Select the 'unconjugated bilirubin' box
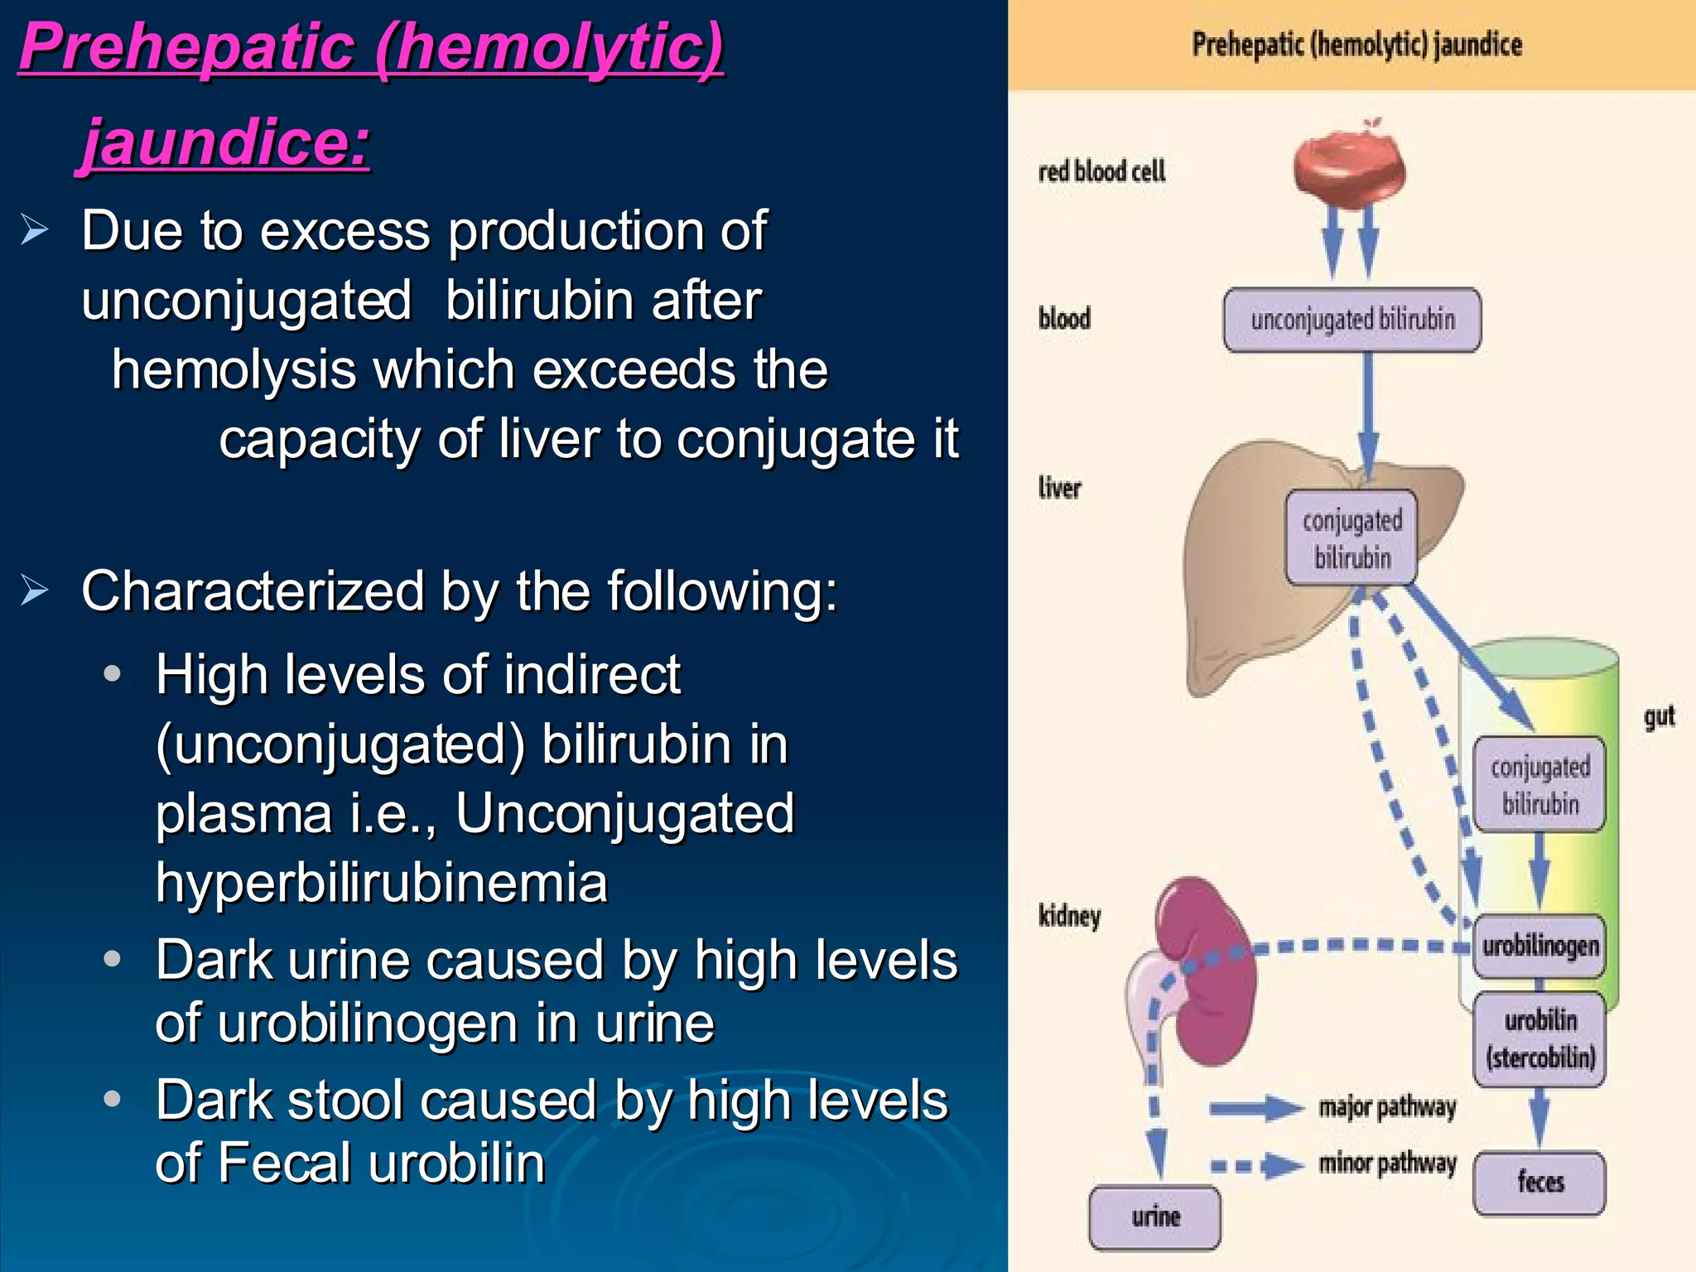[x=1351, y=320]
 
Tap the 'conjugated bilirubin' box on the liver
[x=1351, y=538]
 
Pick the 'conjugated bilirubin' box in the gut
[x=1539, y=784]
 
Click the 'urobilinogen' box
[x=1539, y=946]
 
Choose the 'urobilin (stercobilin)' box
[x=1539, y=1038]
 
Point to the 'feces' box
[x=1539, y=1183]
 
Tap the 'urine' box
[x=1155, y=1217]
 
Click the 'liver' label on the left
[x=1059, y=488]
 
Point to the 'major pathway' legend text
[x=1387, y=1107]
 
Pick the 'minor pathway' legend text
[x=1387, y=1164]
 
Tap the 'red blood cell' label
[x=1101, y=171]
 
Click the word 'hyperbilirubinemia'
[x=382, y=883]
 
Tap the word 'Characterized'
[x=253, y=591]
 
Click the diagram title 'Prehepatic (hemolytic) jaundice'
[x=1356, y=45]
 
